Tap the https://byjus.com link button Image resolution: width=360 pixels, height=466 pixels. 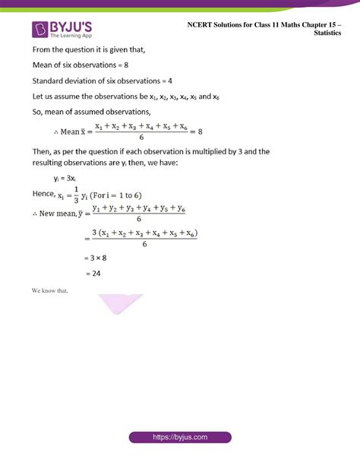click(x=180, y=438)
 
